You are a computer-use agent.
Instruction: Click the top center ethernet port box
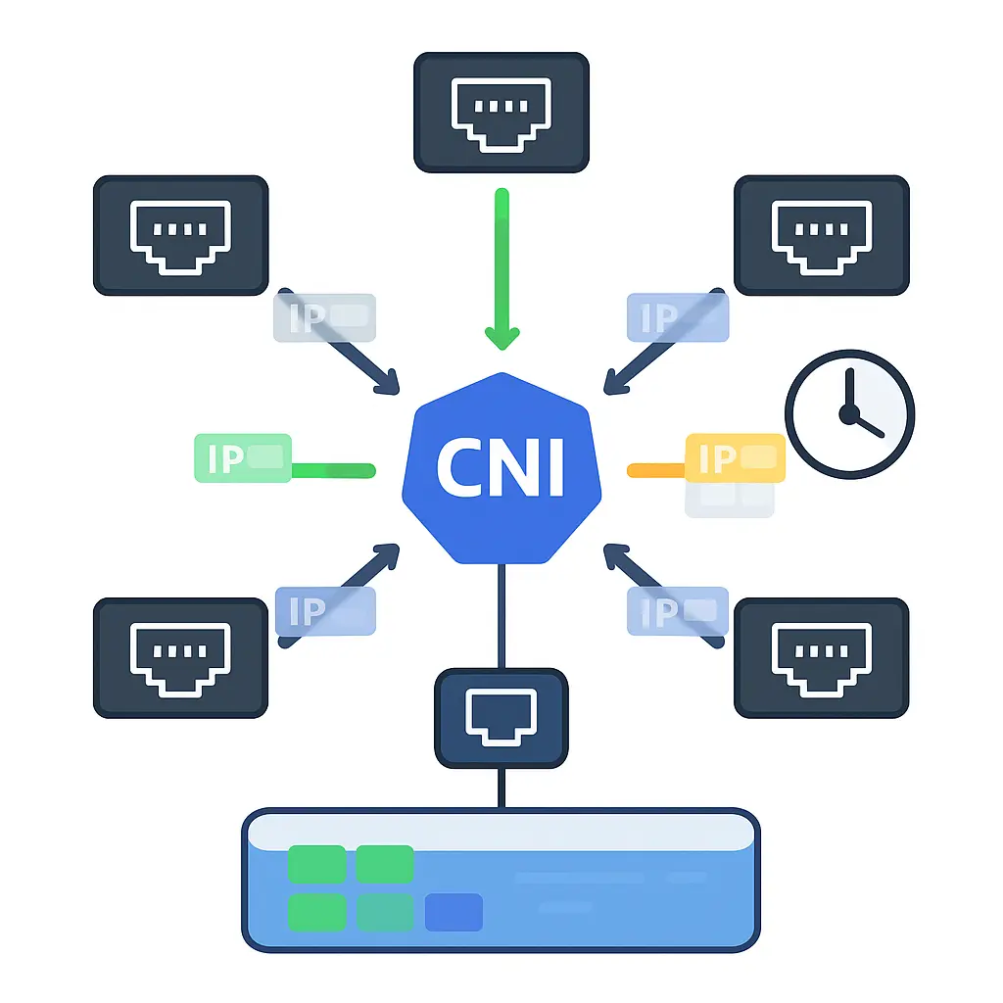pos(501,113)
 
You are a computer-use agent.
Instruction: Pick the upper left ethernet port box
pos(180,235)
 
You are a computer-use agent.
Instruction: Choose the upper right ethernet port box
pos(821,235)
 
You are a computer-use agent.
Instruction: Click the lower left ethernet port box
pos(180,658)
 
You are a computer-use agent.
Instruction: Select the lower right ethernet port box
pos(821,658)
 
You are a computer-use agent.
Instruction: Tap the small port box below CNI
pos(501,717)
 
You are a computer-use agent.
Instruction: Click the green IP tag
pos(243,457)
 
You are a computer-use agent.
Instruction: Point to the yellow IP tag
pos(735,457)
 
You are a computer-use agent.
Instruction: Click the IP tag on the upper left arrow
pos(323,317)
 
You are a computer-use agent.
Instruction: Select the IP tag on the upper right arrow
pos(678,317)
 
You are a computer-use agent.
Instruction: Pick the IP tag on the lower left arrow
pos(325,611)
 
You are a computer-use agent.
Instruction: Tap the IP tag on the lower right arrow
pos(678,611)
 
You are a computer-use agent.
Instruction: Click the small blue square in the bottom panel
pos(454,912)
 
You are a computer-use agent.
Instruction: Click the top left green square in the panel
pos(316,864)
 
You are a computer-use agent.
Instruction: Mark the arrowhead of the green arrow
pos(501,337)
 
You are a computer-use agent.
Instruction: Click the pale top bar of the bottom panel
pos(501,831)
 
